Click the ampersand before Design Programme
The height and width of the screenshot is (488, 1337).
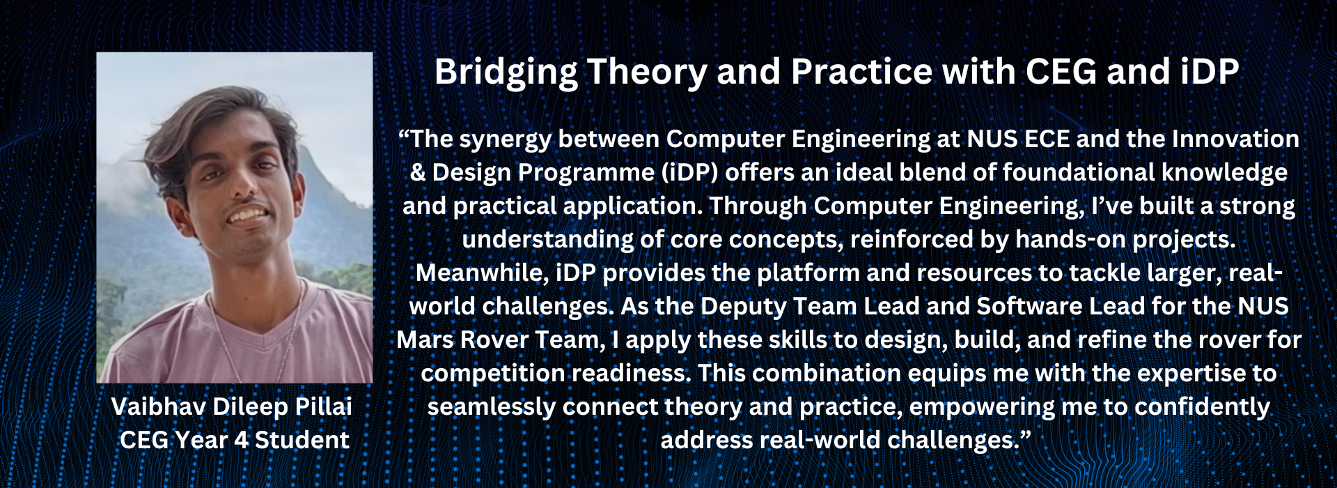point(418,172)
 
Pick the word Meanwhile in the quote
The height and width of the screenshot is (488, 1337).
point(481,273)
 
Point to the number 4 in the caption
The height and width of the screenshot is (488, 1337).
point(240,441)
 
